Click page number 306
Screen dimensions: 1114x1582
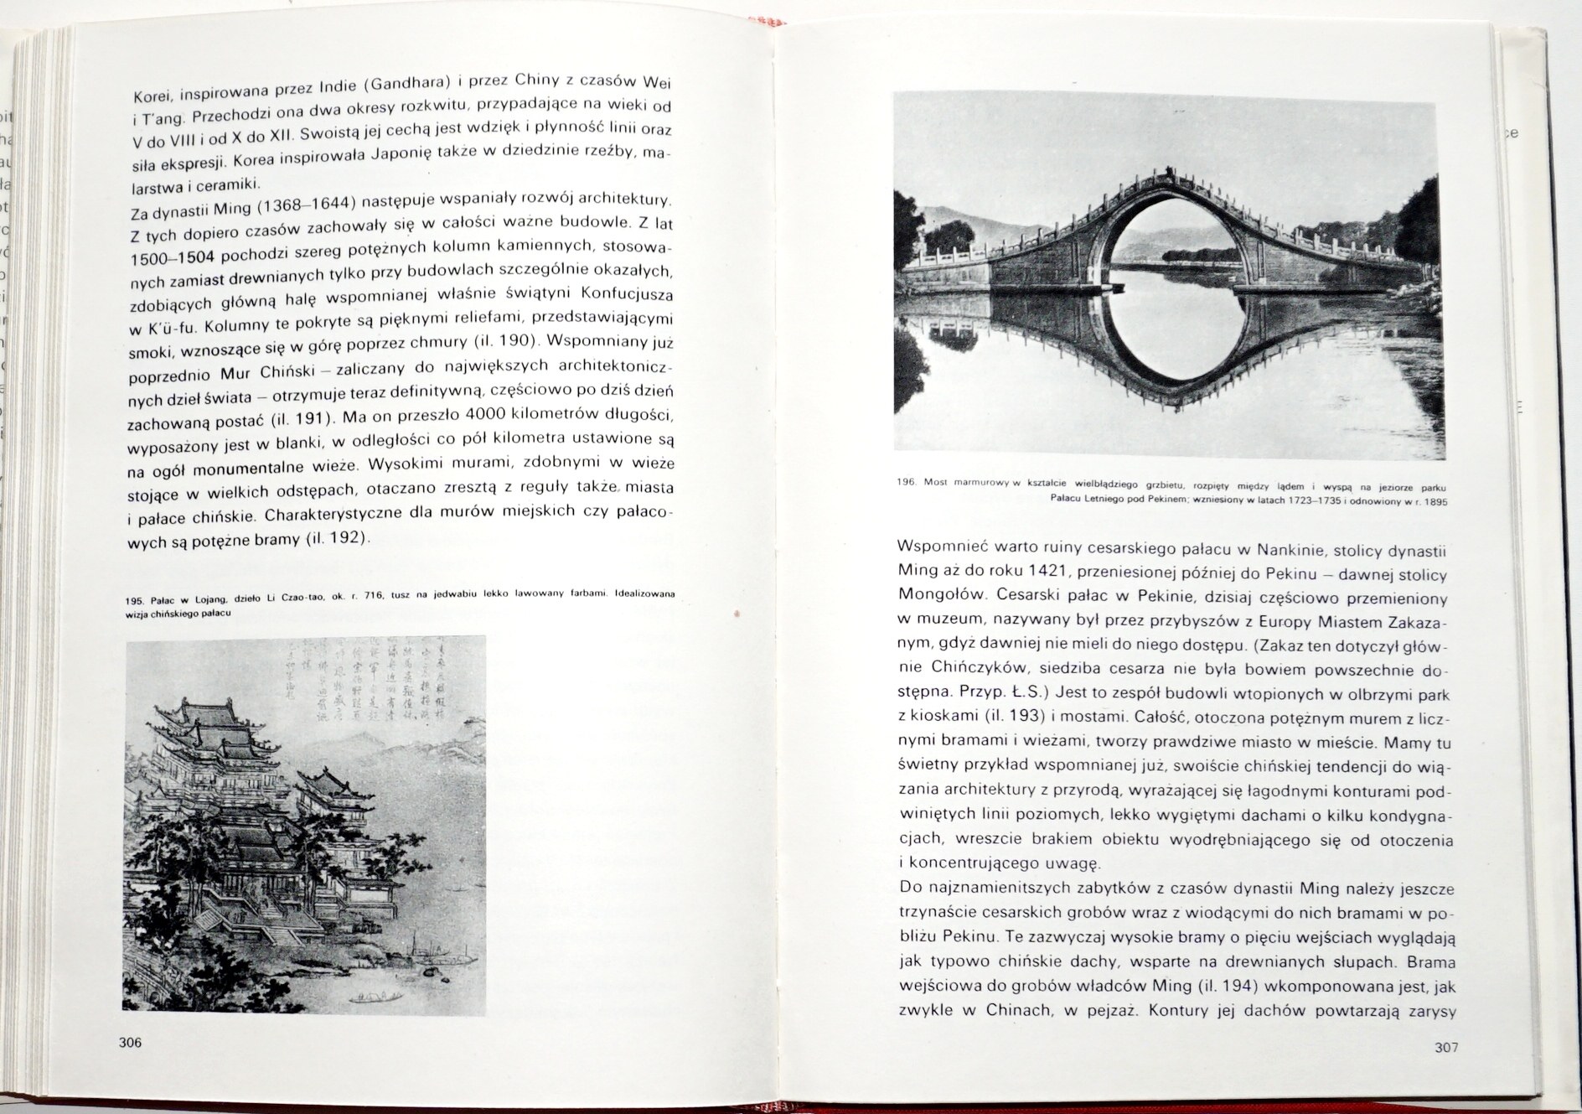pyautogui.click(x=131, y=1043)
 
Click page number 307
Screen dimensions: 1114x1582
pyautogui.click(x=1446, y=1047)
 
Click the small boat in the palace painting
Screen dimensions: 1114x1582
pyautogui.click(x=373, y=995)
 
